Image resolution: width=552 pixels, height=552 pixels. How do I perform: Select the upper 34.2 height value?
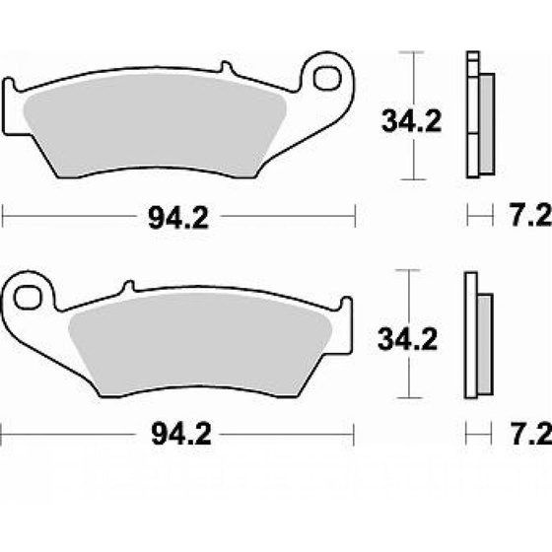407,122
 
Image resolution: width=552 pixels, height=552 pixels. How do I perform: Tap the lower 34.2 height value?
407,340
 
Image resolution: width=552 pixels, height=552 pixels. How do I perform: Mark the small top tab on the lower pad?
126,286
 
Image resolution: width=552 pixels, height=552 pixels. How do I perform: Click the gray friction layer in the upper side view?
484,123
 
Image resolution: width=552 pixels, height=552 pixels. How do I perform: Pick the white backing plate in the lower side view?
471,335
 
